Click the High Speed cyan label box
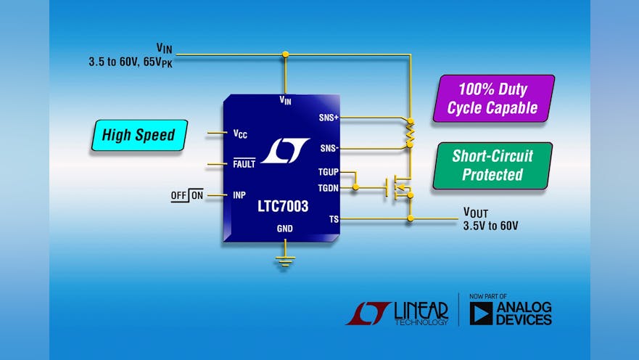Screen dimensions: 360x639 click(139, 135)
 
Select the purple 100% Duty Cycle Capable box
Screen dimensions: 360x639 click(492, 99)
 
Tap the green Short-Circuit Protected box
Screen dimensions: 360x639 click(492, 165)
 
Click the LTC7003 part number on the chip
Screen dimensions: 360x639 click(283, 207)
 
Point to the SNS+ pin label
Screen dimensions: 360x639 click(328, 118)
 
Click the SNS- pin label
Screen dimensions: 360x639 click(329, 148)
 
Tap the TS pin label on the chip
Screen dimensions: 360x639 click(333, 218)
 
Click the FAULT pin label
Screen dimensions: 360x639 click(244, 164)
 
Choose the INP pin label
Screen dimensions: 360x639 click(239, 195)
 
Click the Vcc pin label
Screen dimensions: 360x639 click(240, 134)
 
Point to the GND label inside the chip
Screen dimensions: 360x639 click(285, 228)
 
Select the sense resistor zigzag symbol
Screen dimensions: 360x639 click(410, 133)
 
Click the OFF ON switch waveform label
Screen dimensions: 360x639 click(187, 195)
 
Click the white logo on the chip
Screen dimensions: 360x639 click(284, 151)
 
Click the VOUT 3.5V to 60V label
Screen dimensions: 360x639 click(490, 219)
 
